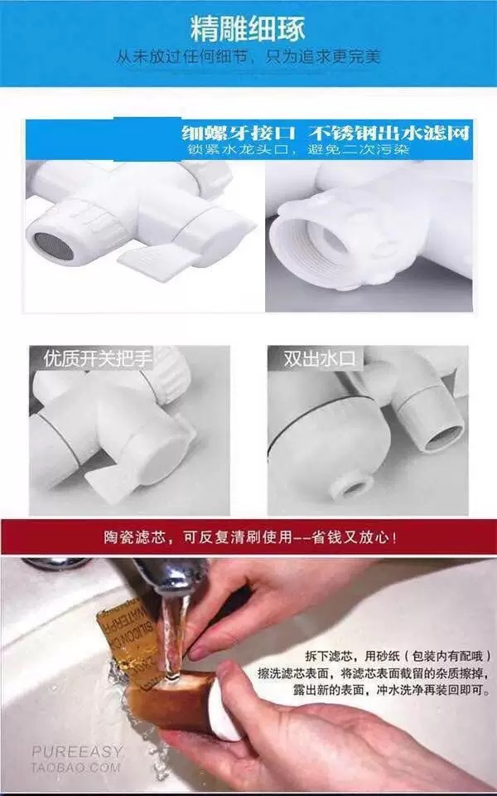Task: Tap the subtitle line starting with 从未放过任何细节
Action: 248,57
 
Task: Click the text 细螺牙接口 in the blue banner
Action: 242,132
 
